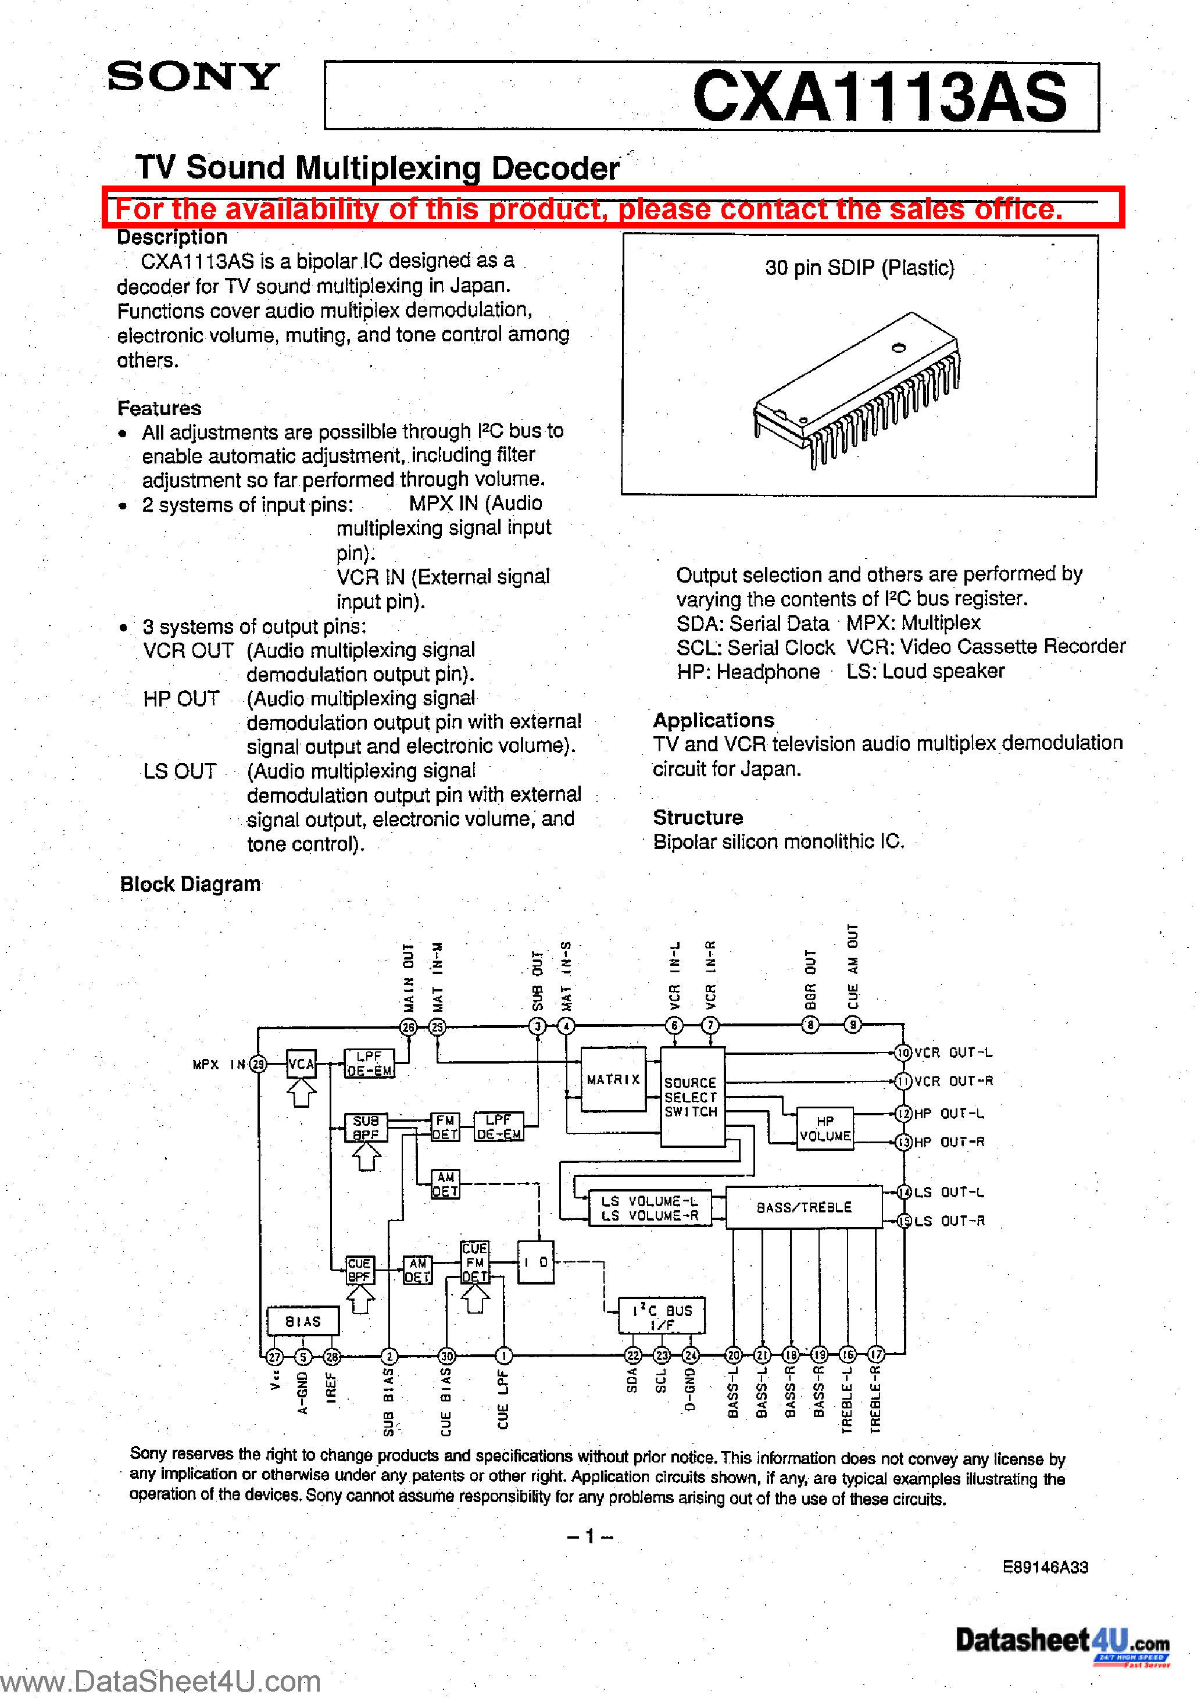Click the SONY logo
pyautogui.click(x=193, y=77)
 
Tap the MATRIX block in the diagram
pyautogui.click(x=613, y=1080)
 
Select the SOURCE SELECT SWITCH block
pyautogui.click(x=691, y=1097)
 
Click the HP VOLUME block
pyautogui.click(x=824, y=1129)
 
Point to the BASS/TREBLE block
pyautogui.click(x=804, y=1208)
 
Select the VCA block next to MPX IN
pyautogui.click(x=301, y=1064)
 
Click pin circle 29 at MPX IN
pyautogui.click(x=258, y=1064)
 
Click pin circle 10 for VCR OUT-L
pyautogui.click(x=903, y=1053)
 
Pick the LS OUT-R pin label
pyautogui.click(x=949, y=1221)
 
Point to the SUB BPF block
pyautogui.click(x=365, y=1128)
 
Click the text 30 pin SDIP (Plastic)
pyautogui.click(x=859, y=267)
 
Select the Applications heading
pyautogui.click(x=713, y=720)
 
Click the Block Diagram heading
pyautogui.click(x=190, y=884)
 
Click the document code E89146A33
pyautogui.click(x=1045, y=1567)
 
